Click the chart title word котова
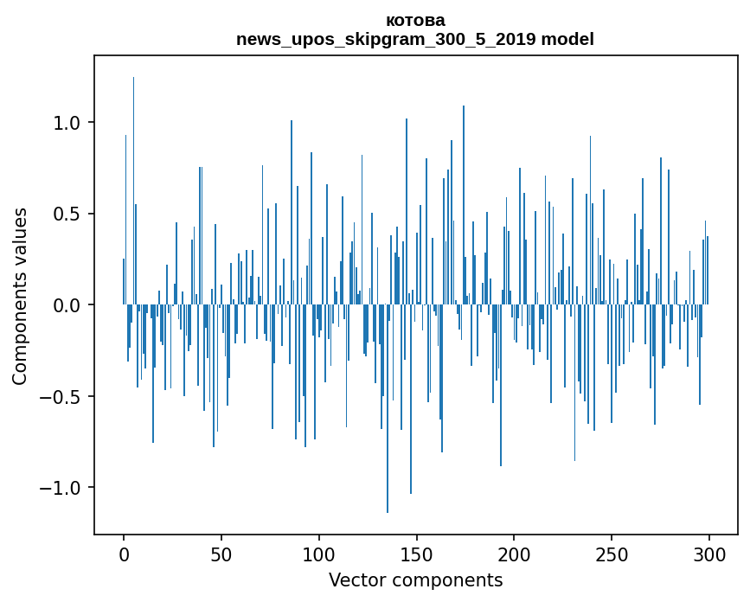[x=415, y=21]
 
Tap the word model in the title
[x=567, y=39]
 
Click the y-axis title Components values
[x=20, y=296]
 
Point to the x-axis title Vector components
[x=415, y=580]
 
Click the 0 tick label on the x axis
[x=124, y=554]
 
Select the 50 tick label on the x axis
[x=221, y=554]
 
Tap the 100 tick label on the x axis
[x=319, y=554]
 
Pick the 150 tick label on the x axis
[x=417, y=554]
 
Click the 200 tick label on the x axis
[x=514, y=554]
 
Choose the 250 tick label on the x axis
[x=612, y=554]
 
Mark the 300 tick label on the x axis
[x=709, y=554]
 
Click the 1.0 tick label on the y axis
[x=67, y=123]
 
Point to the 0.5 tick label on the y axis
[x=67, y=214]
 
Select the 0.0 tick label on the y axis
[x=67, y=305]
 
